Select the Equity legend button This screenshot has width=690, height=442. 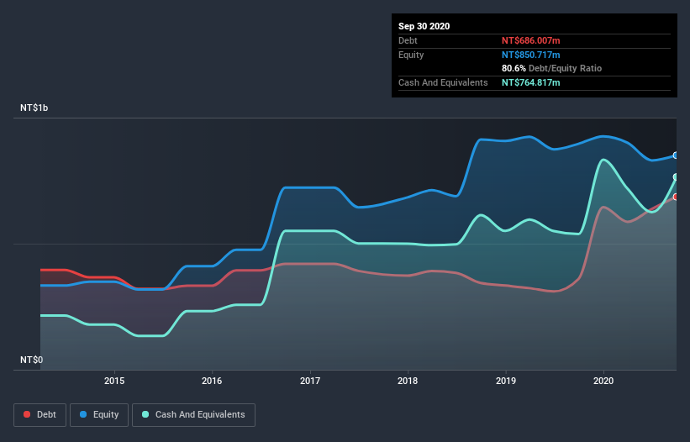(99, 414)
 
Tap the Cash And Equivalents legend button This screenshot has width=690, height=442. (193, 414)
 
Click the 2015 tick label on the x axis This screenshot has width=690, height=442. (114, 381)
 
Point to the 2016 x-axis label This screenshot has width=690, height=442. (213, 381)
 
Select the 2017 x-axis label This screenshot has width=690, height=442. (311, 381)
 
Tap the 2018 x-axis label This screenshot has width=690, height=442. (408, 381)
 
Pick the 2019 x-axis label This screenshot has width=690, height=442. (506, 381)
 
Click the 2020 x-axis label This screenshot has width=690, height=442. (603, 381)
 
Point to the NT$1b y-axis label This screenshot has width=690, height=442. (34, 108)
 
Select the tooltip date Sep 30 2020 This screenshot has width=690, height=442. (424, 26)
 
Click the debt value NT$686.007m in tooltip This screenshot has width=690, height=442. (531, 40)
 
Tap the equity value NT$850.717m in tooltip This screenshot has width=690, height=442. (531, 55)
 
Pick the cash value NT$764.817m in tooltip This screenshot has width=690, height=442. (531, 82)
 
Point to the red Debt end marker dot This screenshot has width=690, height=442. (676, 197)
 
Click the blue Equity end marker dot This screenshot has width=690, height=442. (676, 155)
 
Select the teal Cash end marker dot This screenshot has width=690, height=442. (676, 176)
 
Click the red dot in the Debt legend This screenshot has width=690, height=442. (28, 414)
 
